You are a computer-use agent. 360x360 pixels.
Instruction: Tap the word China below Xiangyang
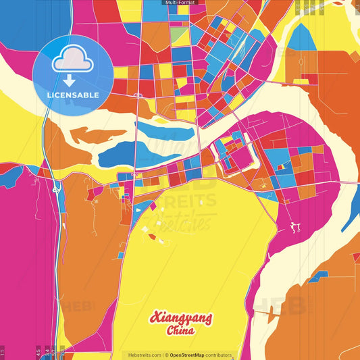click(x=180, y=331)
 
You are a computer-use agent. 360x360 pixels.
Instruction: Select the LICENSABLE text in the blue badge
click(x=72, y=94)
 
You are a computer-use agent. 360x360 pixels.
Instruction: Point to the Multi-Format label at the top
click(x=180, y=3)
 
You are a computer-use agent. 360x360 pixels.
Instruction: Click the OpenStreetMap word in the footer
click(x=190, y=355)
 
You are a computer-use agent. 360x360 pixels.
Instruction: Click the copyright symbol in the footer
click(x=166, y=355)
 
